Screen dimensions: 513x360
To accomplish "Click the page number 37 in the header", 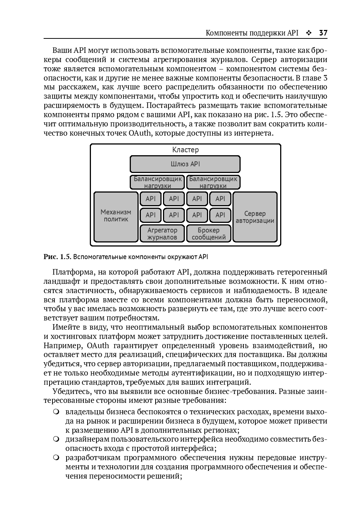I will pyautogui.click(x=323, y=33).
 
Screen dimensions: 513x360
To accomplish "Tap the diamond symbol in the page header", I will pyautogui.click(x=309, y=33).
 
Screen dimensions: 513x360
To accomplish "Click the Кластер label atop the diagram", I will pyautogui.click(x=185, y=150).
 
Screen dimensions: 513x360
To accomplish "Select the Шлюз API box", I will pyautogui.click(x=185, y=164).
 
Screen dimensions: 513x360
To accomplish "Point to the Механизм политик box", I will pyautogui.click(x=116, y=216).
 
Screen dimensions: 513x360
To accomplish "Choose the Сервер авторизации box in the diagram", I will pyautogui.click(x=255, y=217).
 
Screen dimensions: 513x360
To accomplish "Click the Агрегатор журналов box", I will pyautogui.click(x=162, y=234).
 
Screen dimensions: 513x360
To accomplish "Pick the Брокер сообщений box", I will pyautogui.click(x=209, y=234).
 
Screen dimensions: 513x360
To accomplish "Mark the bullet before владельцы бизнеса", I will pyautogui.click(x=56, y=412).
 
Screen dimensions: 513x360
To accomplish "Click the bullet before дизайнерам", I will pyautogui.click(x=56, y=439).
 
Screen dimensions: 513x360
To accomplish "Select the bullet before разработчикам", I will pyautogui.click(x=56, y=458).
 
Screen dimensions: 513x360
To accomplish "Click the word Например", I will pyautogui.click(x=63, y=346).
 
